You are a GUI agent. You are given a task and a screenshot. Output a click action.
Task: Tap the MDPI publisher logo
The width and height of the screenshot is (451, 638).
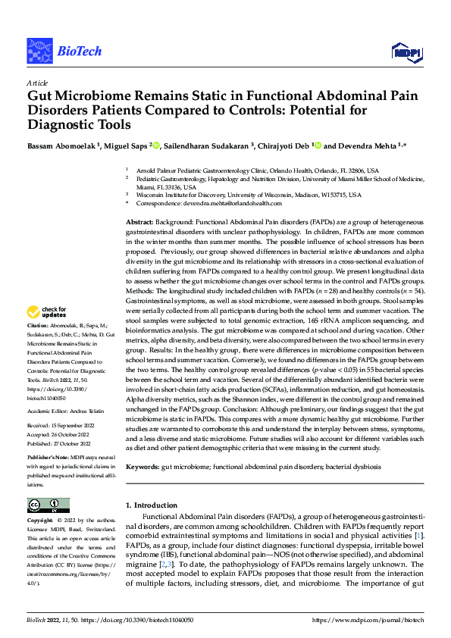[405, 52]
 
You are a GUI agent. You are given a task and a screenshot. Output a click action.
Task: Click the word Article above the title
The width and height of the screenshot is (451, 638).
[37, 83]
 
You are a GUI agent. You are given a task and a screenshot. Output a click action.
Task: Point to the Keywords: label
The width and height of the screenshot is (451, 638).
[143, 468]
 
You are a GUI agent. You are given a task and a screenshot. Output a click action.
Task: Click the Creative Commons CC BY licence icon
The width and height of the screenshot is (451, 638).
[48, 505]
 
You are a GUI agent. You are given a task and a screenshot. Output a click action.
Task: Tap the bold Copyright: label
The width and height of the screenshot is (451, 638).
[42, 521]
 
